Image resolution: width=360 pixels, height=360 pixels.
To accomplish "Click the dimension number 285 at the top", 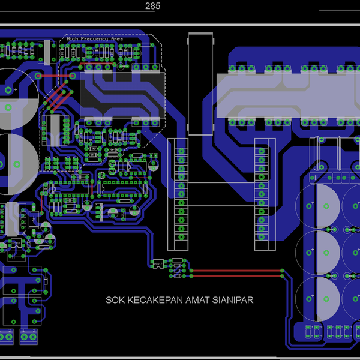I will pyautogui.click(x=153, y=6).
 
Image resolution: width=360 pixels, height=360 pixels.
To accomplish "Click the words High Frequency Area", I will pyautogui.click(x=95, y=38).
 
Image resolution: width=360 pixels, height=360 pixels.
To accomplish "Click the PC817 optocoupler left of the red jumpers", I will pyautogui.click(x=158, y=264).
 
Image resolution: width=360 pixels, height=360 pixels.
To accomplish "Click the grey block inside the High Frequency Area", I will pyautogui.click(x=122, y=96).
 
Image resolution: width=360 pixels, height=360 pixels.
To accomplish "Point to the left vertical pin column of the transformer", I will pyautogui.click(x=181, y=192).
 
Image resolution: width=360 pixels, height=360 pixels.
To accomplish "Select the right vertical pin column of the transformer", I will pyautogui.click(x=262, y=192).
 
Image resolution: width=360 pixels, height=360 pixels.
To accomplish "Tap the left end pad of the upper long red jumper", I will pyautogui.click(x=191, y=271).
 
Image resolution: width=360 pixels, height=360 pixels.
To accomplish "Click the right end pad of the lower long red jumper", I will pyautogui.click(x=283, y=277).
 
